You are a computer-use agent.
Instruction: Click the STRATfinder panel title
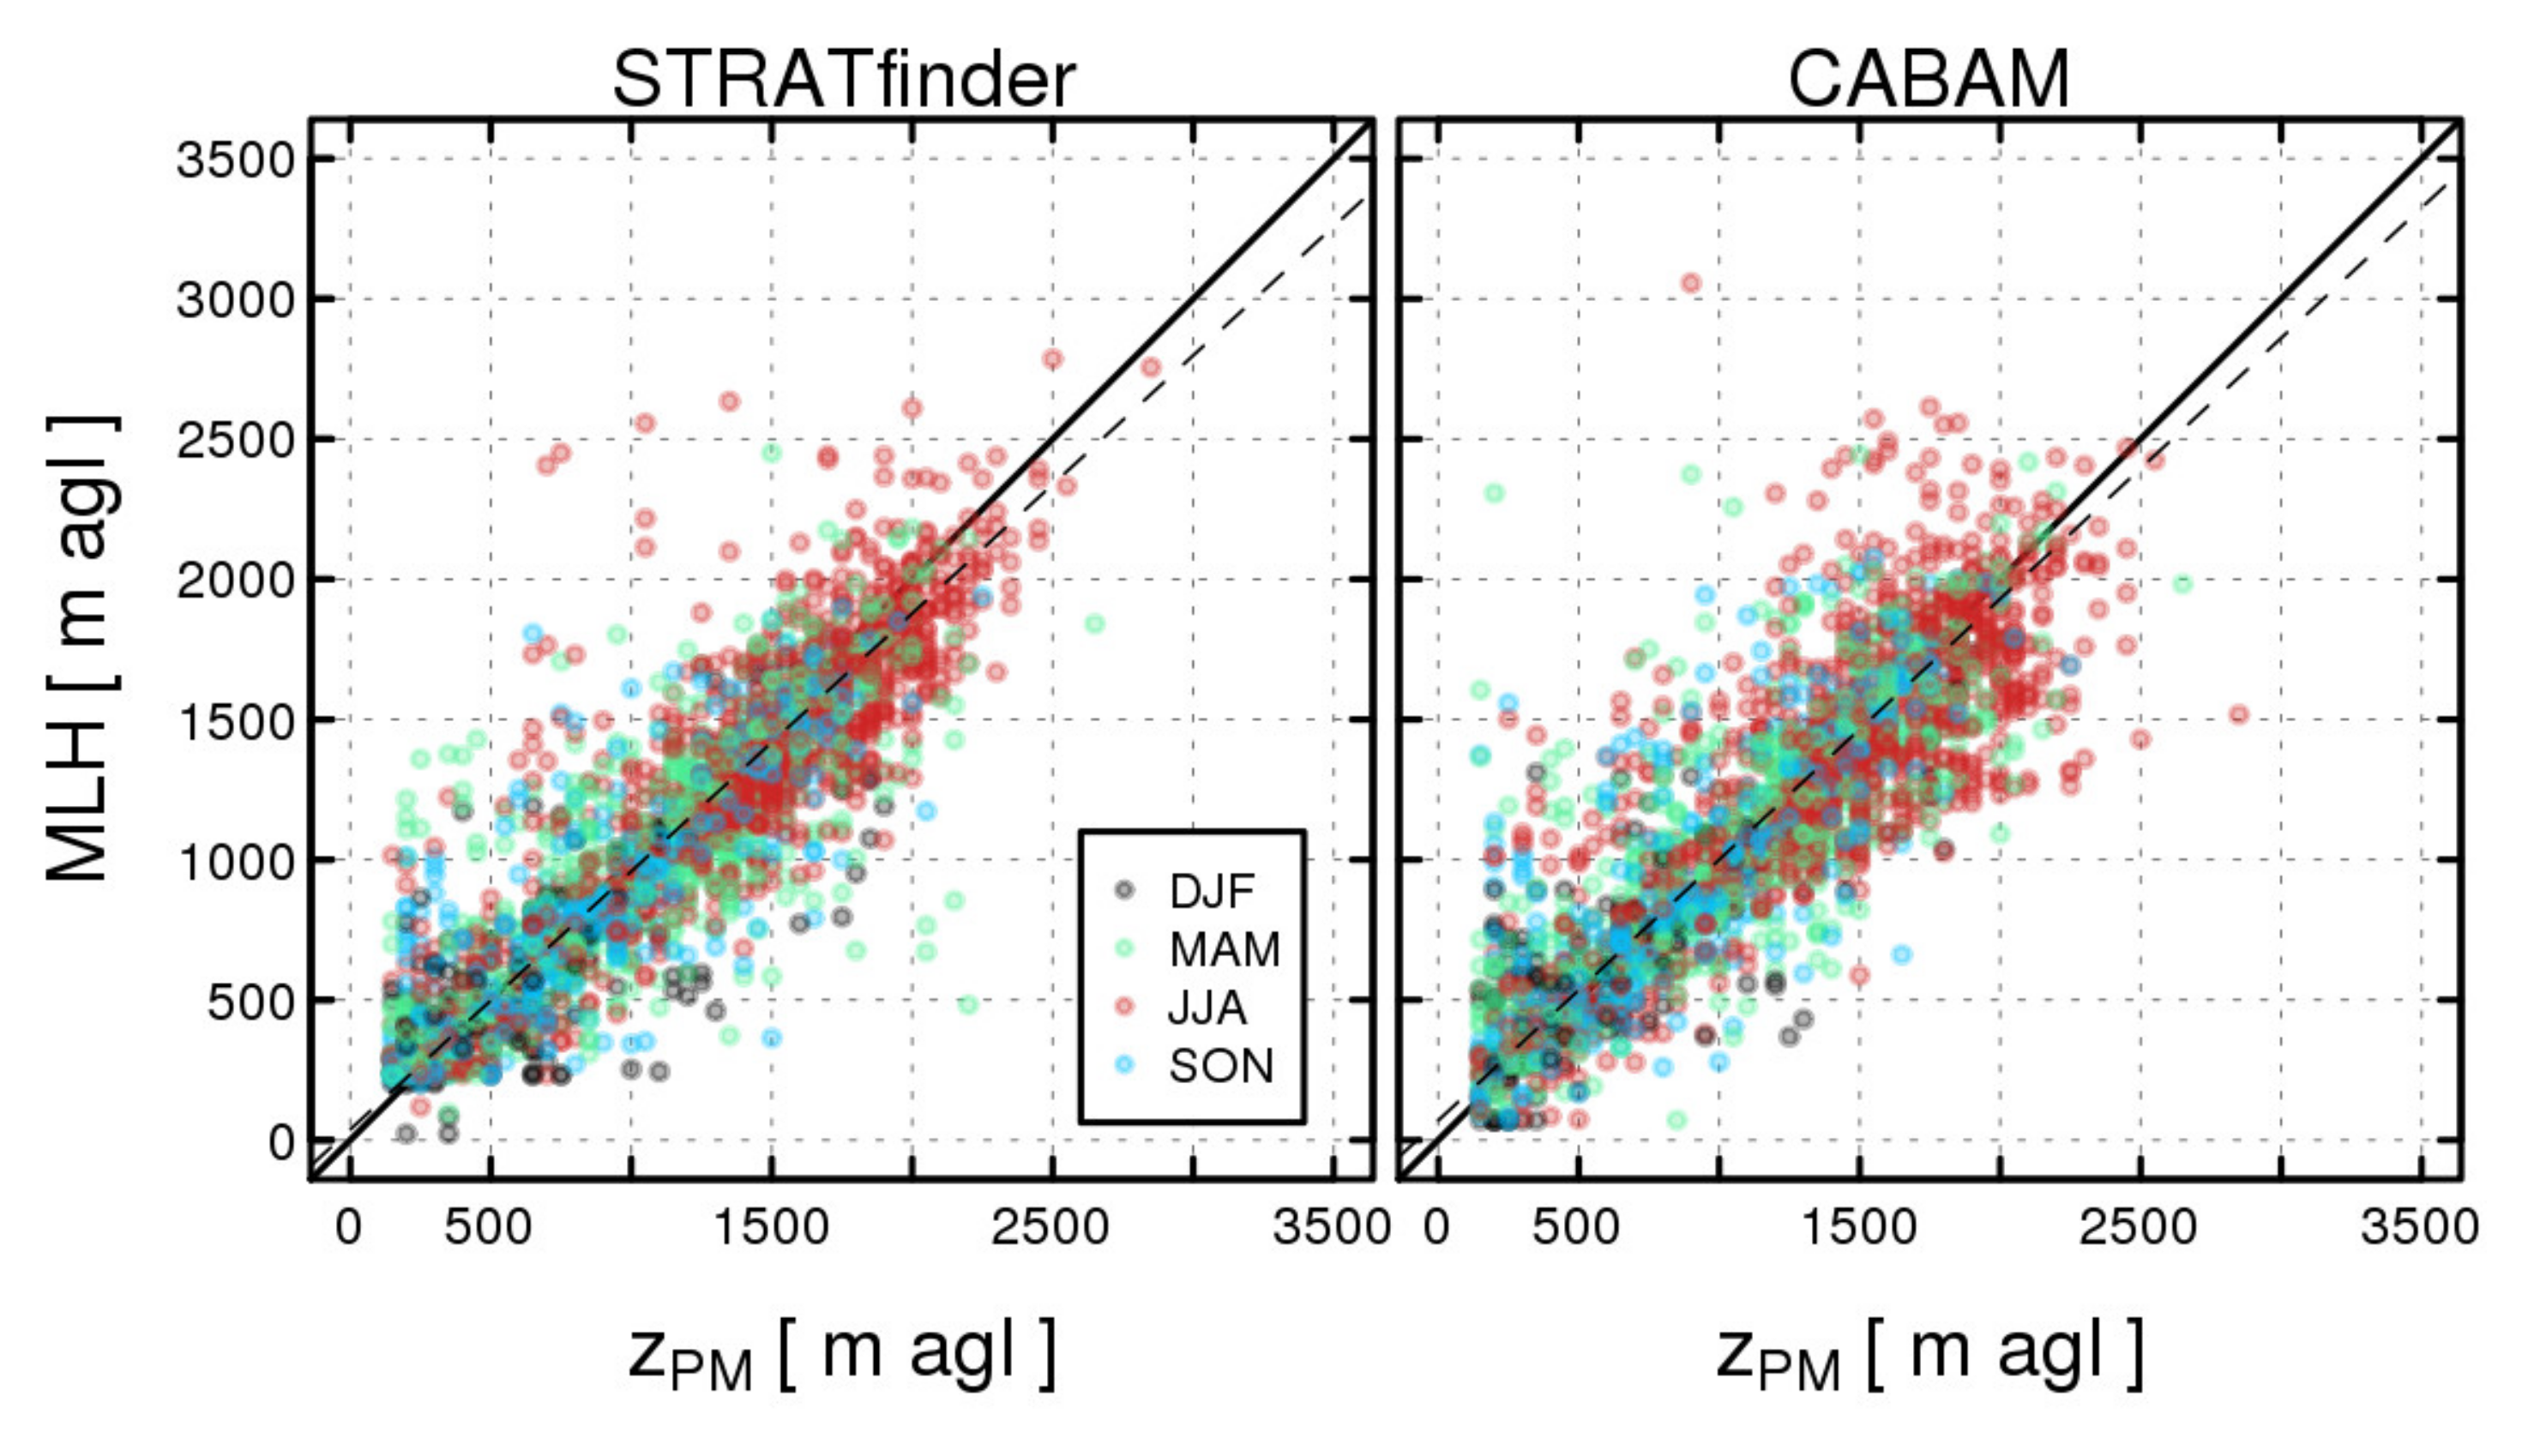click(x=843, y=80)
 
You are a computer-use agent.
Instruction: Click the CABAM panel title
click(x=1928, y=80)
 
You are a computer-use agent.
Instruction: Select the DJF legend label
click(x=1211, y=892)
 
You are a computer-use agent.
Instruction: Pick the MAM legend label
click(x=1224, y=950)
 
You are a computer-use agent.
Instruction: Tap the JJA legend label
click(x=1207, y=1008)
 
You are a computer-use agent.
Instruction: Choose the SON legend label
click(x=1220, y=1066)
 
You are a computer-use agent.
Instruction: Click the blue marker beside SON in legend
click(x=1123, y=1065)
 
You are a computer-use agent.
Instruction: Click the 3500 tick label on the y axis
click(x=236, y=160)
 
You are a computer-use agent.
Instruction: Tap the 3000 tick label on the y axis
click(x=236, y=300)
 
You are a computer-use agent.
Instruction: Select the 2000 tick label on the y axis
click(x=236, y=581)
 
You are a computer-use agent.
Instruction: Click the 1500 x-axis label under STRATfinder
click(x=771, y=1229)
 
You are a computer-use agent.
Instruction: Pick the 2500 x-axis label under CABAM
click(x=2137, y=1229)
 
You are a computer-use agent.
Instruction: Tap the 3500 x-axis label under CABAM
click(x=2419, y=1229)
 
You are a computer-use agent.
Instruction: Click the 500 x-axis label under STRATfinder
click(x=488, y=1229)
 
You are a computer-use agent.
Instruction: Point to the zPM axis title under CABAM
click(x=1928, y=1356)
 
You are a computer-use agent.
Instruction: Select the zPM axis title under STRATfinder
click(x=841, y=1356)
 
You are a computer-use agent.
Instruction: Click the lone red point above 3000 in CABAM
click(x=1690, y=283)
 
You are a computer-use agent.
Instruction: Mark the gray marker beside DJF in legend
click(x=1123, y=889)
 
